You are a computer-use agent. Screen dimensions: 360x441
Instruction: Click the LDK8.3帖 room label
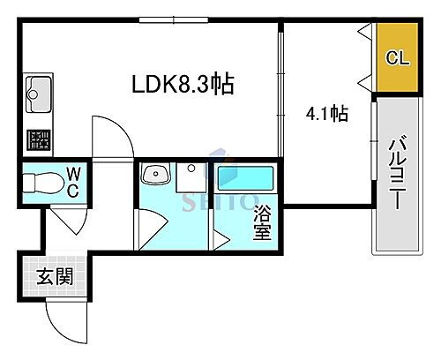tap(183, 85)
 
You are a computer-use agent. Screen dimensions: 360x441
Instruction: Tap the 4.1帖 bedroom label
tap(325, 115)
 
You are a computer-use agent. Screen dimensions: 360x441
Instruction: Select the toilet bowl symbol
tap(41, 184)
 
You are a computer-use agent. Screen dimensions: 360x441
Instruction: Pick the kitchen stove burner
tap(37, 139)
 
